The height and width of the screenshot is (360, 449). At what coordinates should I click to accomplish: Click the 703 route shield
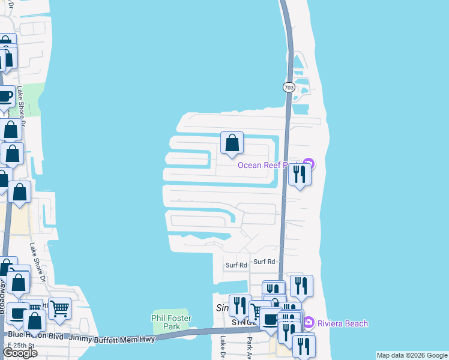click(289, 87)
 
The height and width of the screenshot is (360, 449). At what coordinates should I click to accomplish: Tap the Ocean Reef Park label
click(267, 165)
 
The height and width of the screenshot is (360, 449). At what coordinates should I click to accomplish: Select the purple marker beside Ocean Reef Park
click(309, 163)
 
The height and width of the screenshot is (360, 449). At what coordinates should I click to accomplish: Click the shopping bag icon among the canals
click(232, 143)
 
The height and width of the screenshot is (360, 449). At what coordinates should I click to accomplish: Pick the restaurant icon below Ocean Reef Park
click(299, 174)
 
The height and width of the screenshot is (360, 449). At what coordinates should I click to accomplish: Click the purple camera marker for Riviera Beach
click(311, 323)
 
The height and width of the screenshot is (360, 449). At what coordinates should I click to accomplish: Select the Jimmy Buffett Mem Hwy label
click(112, 339)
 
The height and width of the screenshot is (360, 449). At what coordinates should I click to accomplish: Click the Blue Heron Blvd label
click(35, 335)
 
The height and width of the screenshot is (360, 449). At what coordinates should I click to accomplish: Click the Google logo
click(19, 352)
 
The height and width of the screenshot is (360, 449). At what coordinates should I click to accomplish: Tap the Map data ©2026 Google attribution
click(412, 355)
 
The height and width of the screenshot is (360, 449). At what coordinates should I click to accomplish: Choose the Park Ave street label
click(249, 344)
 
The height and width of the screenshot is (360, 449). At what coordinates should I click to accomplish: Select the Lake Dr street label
click(222, 344)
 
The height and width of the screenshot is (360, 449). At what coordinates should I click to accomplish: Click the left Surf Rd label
click(236, 265)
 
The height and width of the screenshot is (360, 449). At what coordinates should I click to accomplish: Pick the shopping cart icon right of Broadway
click(59, 308)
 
